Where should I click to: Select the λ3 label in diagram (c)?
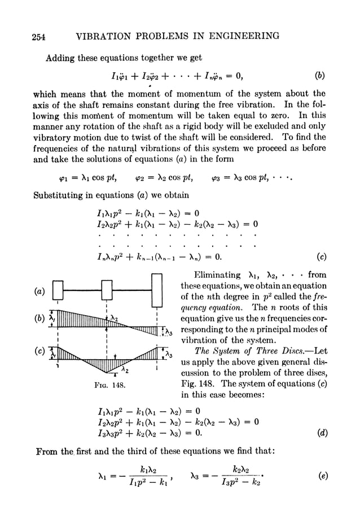(167, 355)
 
